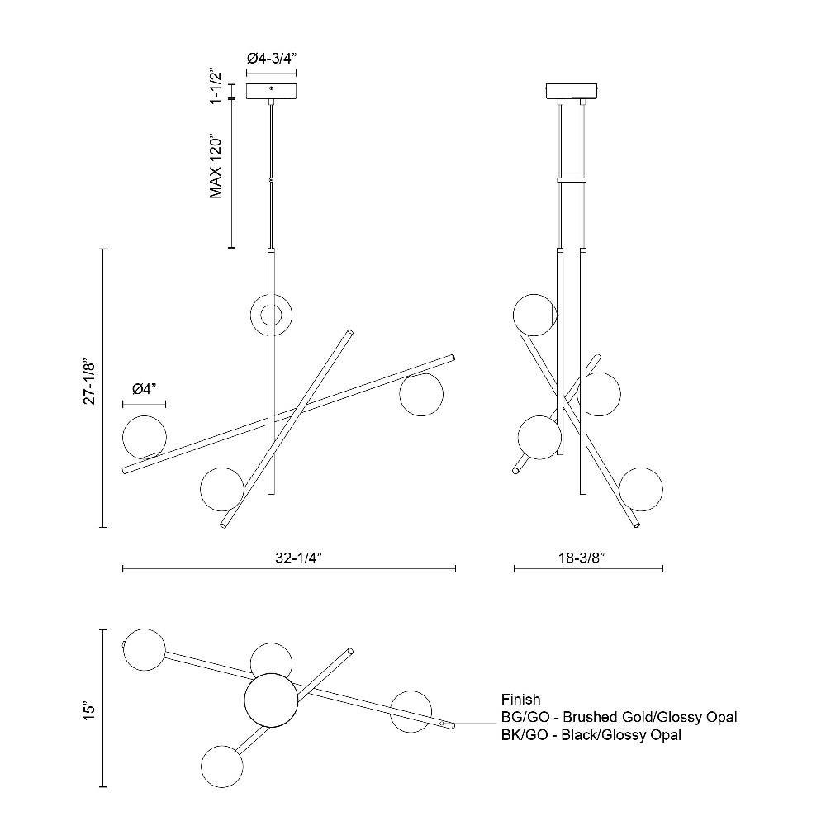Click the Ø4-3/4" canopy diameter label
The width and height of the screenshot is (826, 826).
[272, 58]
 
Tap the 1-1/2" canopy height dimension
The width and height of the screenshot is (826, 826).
[216, 85]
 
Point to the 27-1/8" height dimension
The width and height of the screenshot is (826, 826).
[89, 382]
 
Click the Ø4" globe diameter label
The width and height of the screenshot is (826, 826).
[145, 389]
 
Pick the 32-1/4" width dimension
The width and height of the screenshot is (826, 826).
[298, 558]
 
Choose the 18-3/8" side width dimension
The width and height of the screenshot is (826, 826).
[582, 558]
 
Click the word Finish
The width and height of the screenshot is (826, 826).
[520, 700]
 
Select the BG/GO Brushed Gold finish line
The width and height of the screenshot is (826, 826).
[619, 717]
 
